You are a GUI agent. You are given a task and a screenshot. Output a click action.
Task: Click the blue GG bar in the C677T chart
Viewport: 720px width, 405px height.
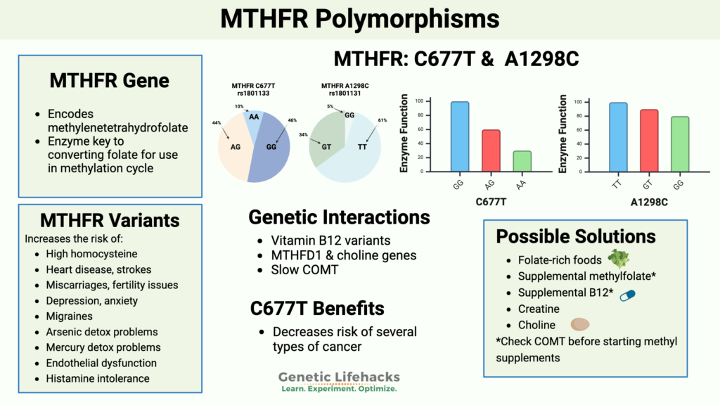point(459,136)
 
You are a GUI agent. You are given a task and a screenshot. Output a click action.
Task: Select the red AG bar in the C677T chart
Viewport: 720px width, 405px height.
point(491,150)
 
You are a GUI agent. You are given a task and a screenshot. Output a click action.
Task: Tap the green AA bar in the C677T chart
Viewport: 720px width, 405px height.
point(522,161)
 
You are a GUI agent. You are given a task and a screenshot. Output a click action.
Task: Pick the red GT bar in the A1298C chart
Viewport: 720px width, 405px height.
point(649,140)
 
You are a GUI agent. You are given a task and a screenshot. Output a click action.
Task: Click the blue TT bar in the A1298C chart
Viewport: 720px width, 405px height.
point(618,136)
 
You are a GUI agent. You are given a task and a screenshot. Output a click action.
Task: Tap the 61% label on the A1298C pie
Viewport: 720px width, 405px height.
point(382,120)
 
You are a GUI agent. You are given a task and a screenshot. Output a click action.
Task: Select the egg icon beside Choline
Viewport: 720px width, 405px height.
point(580,325)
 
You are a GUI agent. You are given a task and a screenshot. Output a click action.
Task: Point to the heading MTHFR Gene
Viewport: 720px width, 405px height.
point(109,80)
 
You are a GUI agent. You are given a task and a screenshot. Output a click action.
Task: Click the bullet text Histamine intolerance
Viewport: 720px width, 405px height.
point(97,378)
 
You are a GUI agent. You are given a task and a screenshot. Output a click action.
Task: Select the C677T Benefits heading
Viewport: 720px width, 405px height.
point(316,308)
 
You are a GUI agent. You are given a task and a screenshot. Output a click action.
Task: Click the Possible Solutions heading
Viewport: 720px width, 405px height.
point(576,236)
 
